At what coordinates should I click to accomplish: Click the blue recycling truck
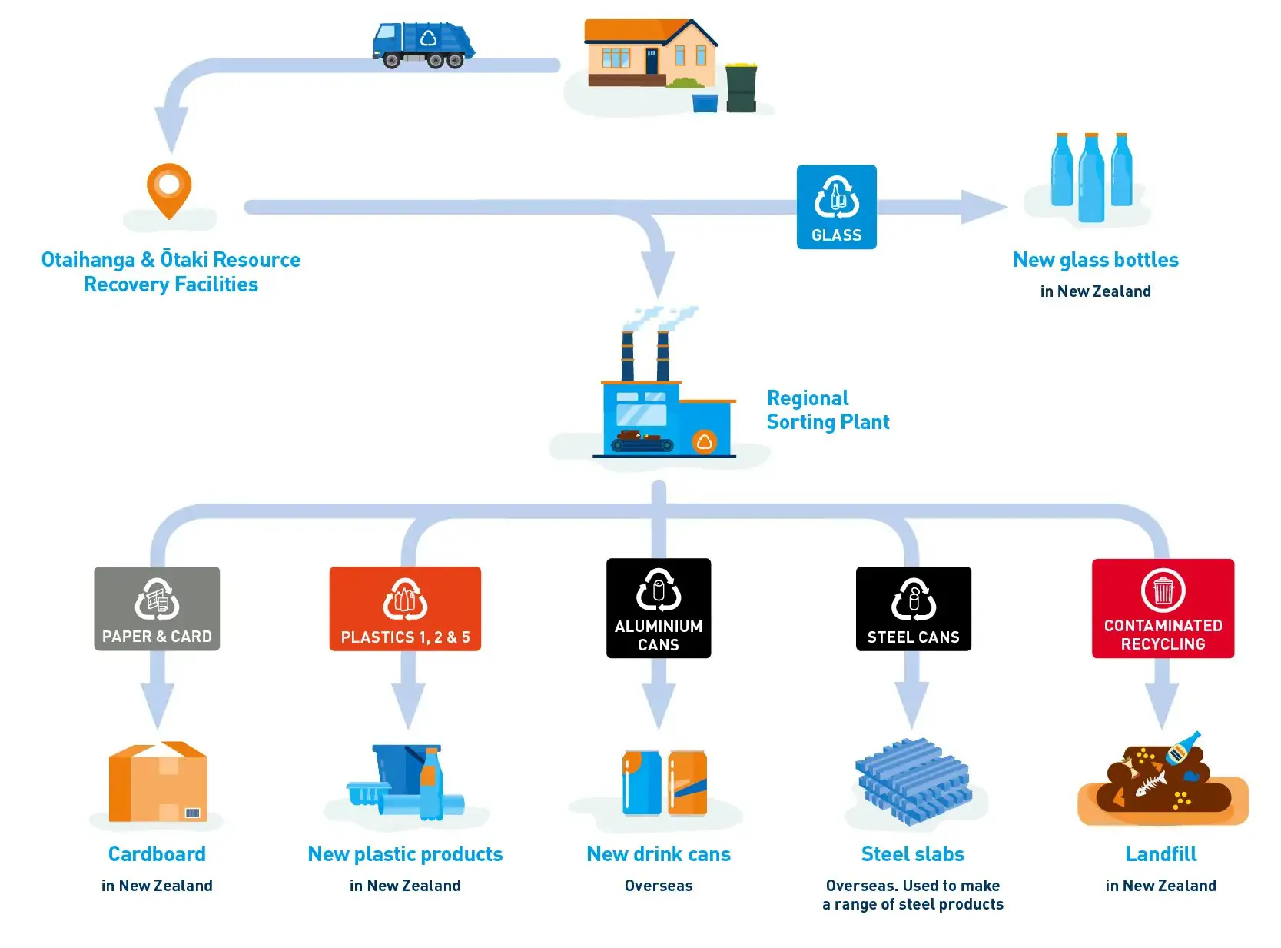[x=423, y=44]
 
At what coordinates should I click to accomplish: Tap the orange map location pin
[x=168, y=188]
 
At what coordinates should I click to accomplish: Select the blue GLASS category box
[x=836, y=207]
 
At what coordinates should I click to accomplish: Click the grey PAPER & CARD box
[x=157, y=609]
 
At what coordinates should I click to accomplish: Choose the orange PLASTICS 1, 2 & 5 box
[x=405, y=609]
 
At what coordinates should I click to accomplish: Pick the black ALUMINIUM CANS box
[x=659, y=608]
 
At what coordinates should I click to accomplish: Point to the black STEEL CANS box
[x=913, y=609]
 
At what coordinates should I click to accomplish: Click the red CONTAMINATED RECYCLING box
[x=1163, y=608]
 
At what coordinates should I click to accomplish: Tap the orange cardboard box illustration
[x=158, y=782]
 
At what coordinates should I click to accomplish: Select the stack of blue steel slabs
[x=913, y=780]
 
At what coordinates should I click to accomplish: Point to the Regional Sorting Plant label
[x=828, y=410]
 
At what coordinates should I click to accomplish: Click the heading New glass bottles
[x=1095, y=260]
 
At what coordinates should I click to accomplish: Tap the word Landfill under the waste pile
[x=1160, y=854]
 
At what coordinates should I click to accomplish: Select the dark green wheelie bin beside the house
[x=741, y=88]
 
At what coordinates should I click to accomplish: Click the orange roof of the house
[x=630, y=31]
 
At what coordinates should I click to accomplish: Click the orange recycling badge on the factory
[x=704, y=442]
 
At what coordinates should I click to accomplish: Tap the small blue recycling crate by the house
[x=705, y=103]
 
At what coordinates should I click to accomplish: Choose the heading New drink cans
[x=659, y=854]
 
